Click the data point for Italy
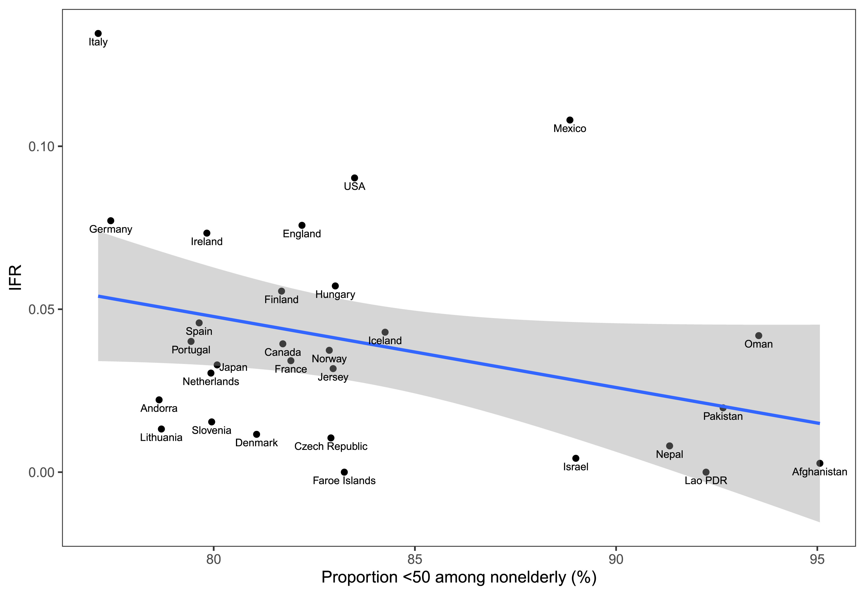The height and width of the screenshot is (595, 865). (x=98, y=33)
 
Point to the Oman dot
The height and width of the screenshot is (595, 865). (x=759, y=336)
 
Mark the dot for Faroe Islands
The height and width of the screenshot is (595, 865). (x=344, y=472)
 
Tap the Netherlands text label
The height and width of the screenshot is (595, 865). (x=211, y=381)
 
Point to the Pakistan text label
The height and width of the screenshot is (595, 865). (x=723, y=416)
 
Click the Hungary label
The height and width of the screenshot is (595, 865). (x=335, y=295)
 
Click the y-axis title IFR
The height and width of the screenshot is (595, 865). (x=16, y=277)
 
